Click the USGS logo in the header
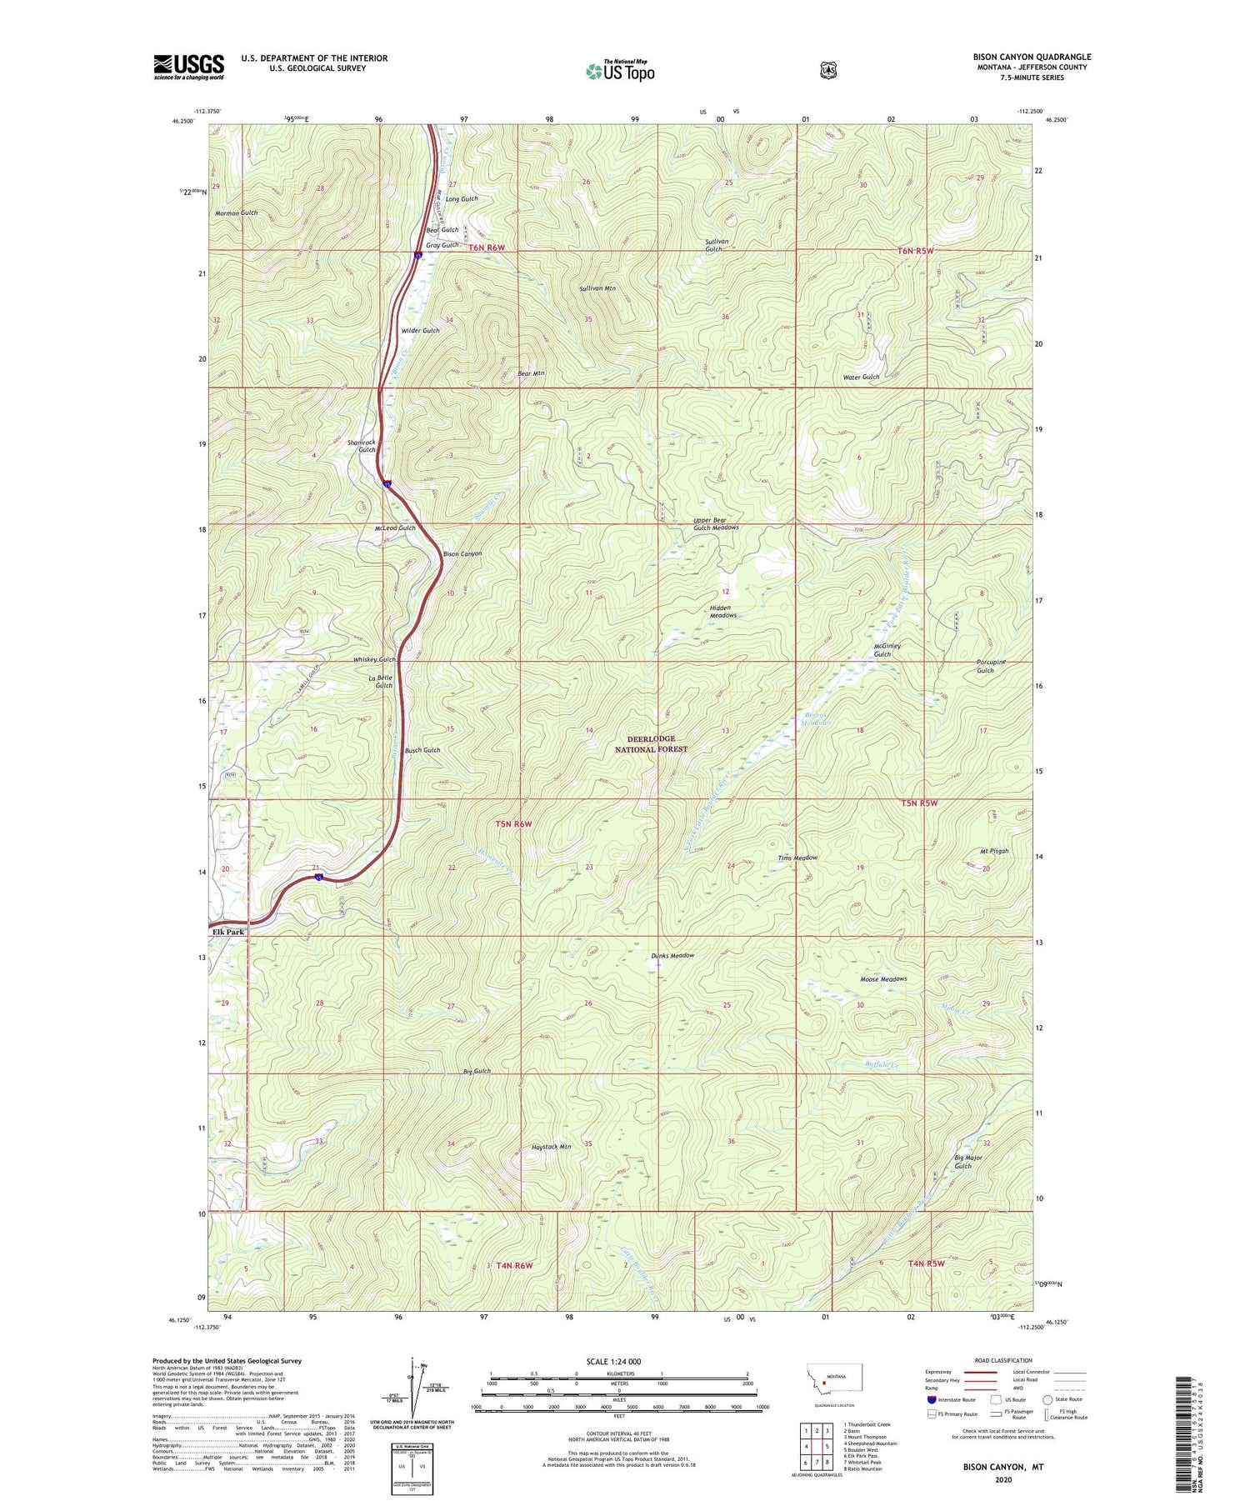pyautogui.click(x=188, y=67)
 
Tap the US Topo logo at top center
pyautogui.click(x=620, y=70)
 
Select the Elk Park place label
pyautogui.click(x=227, y=932)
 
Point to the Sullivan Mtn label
pyautogui.click(x=597, y=288)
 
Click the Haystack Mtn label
pyautogui.click(x=551, y=1147)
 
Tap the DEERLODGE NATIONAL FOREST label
pyautogui.click(x=651, y=744)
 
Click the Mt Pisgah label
pyautogui.click(x=993, y=851)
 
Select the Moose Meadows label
pyautogui.click(x=882, y=979)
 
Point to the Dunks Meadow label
pyautogui.click(x=672, y=956)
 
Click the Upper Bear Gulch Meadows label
pyautogui.click(x=716, y=524)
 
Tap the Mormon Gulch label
pyautogui.click(x=236, y=213)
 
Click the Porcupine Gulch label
pyautogui.click(x=991, y=666)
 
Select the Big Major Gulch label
pyautogui.click(x=967, y=1162)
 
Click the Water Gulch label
pyautogui.click(x=861, y=377)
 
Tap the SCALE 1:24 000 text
pyautogui.click(x=614, y=1362)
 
